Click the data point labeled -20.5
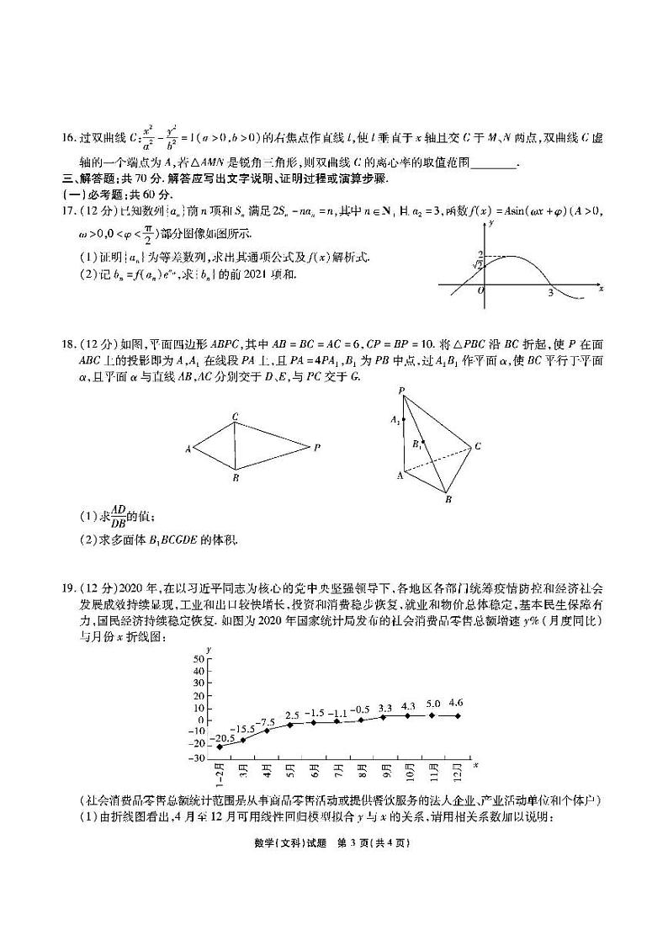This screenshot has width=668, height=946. (x=220, y=747)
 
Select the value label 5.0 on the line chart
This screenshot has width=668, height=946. (x=433, y=703)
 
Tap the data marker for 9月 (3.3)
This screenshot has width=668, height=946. (x=385, y=716)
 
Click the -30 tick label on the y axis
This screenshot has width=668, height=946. (x=198, y=758)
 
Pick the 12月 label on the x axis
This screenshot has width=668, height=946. (x=456, y=771)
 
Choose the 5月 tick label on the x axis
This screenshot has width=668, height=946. (x=291, y=771)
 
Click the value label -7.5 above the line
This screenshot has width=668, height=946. (x=267, y=722)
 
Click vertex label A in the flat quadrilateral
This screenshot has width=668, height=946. (x=188, y=449)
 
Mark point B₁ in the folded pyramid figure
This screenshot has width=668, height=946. (x=421, y=441)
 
